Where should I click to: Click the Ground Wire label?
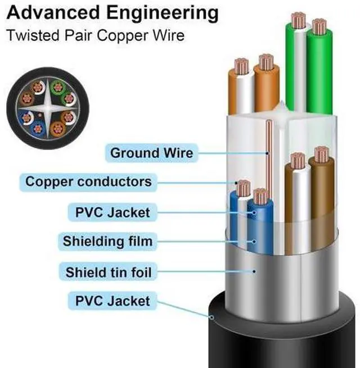coord(151,152)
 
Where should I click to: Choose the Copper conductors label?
coord(88,182)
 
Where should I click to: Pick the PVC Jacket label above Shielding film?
coord(112,212)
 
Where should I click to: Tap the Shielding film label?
coord(107,242)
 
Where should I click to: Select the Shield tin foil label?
coord(109,272)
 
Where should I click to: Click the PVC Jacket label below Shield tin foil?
coord(112,301)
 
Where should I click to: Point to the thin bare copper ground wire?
coord(269,163)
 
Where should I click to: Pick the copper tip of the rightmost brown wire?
coord(321,155)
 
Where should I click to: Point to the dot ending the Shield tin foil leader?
coord(256,271)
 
